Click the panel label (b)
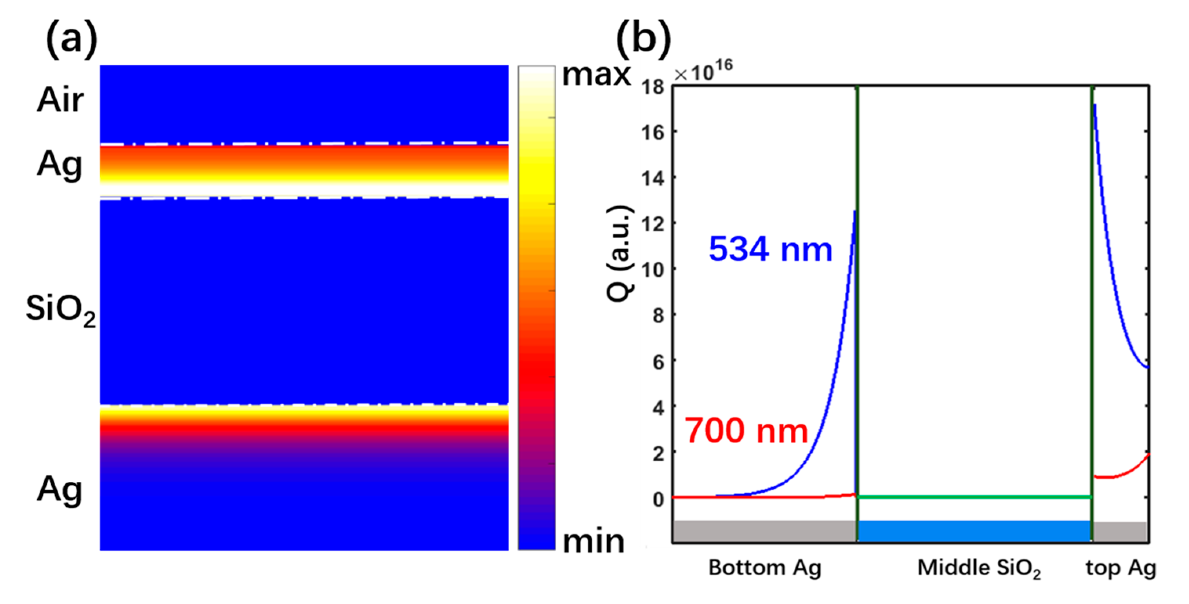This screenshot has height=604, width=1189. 643,39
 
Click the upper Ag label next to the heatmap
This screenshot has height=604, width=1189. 60,165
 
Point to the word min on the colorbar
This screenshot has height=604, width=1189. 594,542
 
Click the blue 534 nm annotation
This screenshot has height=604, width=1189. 770,250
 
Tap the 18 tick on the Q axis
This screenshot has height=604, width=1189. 652,87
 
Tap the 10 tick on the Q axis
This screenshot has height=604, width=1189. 652,270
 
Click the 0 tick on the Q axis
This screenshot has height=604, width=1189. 658,499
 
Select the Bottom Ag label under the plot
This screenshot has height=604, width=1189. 765,568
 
